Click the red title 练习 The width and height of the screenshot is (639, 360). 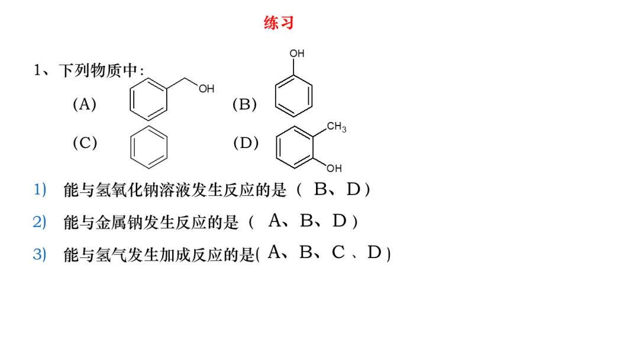pyautogui.click(x=279, y=23)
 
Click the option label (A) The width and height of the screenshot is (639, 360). pyautogui.click(x=84, y=105)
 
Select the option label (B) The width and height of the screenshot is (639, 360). pyautogui.click(x=244, y=105)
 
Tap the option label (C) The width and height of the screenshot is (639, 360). pyautogui.click(x=85, y=143)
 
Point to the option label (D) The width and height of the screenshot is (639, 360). pyautogui.click(x=246, y=143)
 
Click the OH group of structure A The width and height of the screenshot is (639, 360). pyautogui.click(x=206, y=89)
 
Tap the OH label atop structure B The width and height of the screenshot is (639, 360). pyautogui.click(x=296, y=53)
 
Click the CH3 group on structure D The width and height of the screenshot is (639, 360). pyautogui.click(x=336, y=127)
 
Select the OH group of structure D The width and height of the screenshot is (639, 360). pyautogui.click(x=334, y=168)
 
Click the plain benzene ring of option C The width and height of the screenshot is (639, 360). pyautogui.click(x=149, y=146)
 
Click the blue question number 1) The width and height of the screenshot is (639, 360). pyautogui.click(x=40, y=190)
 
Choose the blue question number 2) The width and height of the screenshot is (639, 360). pyautogui.click(x=40, y=222)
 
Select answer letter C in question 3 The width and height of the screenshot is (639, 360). pyautogui.click(x=338, y=253)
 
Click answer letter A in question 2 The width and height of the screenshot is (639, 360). pyautogui.click(x=275, y=221)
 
